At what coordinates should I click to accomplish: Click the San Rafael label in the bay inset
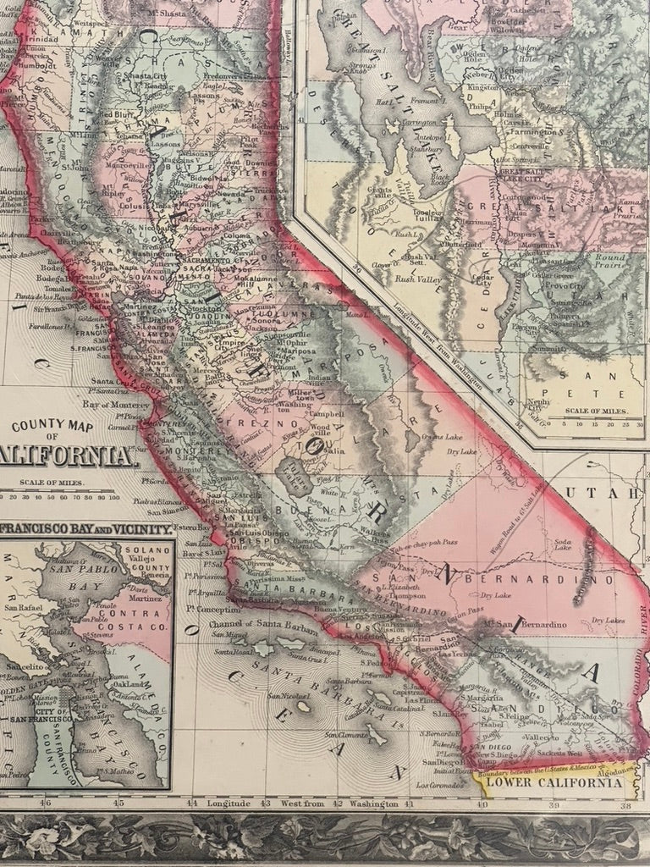click(24, 607)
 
